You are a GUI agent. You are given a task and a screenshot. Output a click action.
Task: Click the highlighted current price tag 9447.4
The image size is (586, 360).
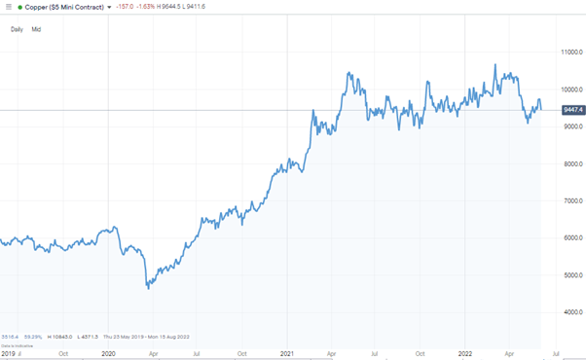click(571, 110)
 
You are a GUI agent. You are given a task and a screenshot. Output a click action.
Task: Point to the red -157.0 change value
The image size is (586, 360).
click(125, 7)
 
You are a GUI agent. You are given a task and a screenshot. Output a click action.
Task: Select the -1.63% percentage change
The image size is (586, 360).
click(149, 7)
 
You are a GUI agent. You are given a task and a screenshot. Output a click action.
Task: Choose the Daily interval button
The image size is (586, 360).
click(17, 29)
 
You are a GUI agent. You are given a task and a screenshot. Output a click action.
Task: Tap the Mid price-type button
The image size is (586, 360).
click(36, 29)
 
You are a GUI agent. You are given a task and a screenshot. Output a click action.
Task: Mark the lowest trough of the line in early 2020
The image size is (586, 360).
click(148, 288)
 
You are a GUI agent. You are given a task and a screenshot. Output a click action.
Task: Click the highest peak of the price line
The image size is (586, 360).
click(495, 65)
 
